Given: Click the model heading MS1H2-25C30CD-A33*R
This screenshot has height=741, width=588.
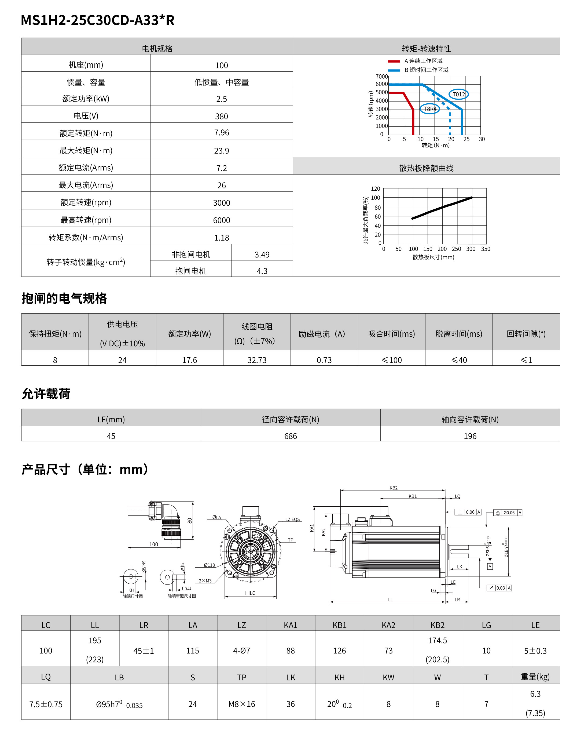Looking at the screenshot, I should point(98,20).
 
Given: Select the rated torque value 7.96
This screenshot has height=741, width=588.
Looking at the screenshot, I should point(221,133).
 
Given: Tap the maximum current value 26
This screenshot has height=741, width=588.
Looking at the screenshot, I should point(221,186).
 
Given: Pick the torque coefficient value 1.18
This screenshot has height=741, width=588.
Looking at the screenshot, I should point(221,238).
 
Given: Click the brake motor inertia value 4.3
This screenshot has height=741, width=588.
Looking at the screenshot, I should point(262,271).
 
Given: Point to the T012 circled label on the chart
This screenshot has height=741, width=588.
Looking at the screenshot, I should point(458,95).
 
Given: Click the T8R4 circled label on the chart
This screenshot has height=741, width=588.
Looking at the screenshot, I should point(430,109).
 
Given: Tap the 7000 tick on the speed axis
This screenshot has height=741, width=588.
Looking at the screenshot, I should point(381,77).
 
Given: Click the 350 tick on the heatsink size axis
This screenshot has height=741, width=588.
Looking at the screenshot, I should point(485,249).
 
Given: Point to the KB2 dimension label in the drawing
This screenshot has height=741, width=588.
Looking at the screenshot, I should point(393,488).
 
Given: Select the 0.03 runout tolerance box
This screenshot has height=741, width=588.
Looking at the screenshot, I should point(501,588).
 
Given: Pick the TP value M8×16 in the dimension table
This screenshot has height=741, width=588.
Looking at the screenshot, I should point(241,704).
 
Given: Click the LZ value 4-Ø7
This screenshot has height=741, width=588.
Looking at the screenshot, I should point(241,651).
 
